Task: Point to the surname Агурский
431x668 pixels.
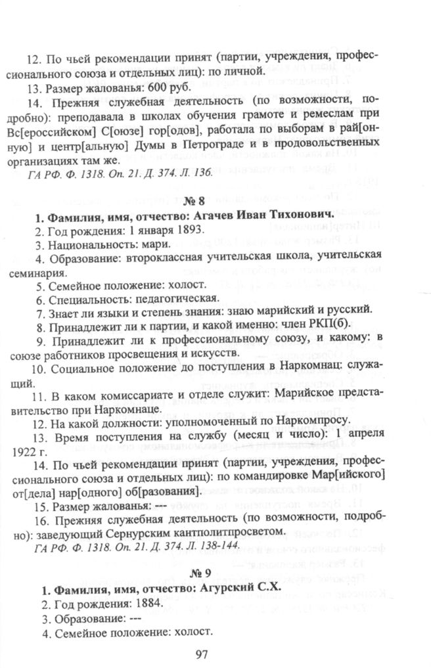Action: point(226,589)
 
